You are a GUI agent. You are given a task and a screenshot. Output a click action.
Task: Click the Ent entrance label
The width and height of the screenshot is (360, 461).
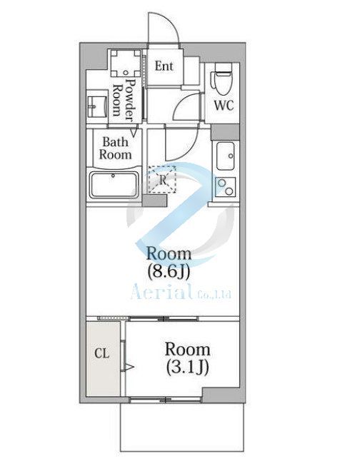click(x=164, y=66)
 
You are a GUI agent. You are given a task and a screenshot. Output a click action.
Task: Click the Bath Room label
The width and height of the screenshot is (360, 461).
click(x=115, y=148)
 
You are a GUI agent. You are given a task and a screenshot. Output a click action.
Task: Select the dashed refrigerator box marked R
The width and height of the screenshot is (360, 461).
click(x=161, y=179)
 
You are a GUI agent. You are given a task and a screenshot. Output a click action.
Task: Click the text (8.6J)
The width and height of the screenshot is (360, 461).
click(x=169, y=270)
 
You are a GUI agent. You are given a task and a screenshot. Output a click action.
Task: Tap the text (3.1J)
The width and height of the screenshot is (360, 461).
click(x=187, y=368)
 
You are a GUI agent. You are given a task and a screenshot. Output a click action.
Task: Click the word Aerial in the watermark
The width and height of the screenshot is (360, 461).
click(x=161, y=291)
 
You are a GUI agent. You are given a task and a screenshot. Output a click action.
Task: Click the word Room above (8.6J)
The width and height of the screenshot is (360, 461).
click(x=169, y=253)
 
